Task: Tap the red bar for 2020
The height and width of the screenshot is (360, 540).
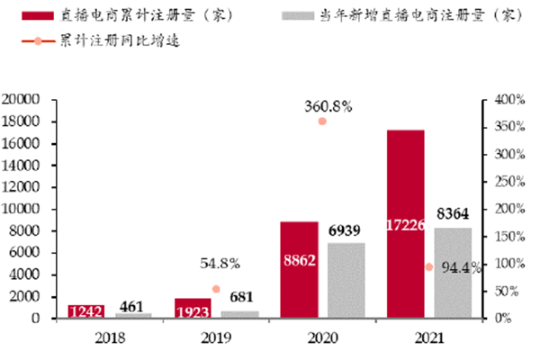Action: [x=299, y=269]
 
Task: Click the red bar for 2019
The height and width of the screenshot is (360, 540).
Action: [x=193, y=308]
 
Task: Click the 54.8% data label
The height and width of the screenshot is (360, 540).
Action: [x=220, y=264]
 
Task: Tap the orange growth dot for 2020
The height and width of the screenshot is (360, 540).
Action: [x=322, y=121]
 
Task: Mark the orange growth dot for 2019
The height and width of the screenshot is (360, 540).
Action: [x=216, y=289]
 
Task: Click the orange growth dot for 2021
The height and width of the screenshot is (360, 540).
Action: [x=428, y=267]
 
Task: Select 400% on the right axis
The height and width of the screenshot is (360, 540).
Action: [x=510, y=99]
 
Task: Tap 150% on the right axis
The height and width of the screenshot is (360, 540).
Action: [x=510, y=236]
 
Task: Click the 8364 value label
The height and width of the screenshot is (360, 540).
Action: [x=453, y=216]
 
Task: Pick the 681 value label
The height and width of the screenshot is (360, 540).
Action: [x=239, y=298]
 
